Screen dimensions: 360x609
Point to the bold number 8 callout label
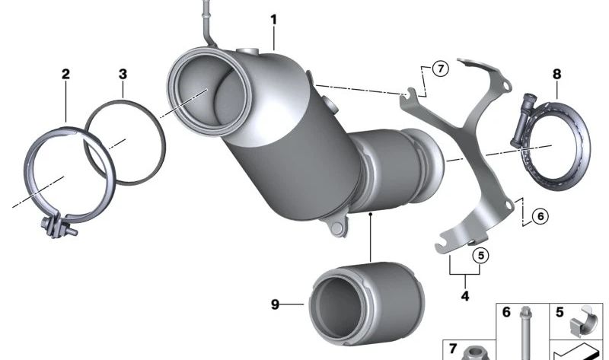coord(556,74)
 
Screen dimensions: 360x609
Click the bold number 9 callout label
coord(276,305)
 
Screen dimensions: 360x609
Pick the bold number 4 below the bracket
coord(464,295)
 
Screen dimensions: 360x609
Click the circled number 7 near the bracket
coord(439,69)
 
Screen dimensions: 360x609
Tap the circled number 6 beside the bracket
coord(540,216)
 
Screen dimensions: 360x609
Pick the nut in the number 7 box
coord(476,352)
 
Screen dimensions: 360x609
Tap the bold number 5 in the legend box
coord(560,311)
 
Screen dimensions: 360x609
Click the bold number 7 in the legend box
coord(452,349)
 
